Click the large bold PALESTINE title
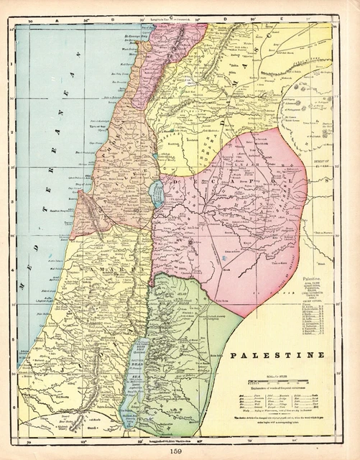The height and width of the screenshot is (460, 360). click(277, 355)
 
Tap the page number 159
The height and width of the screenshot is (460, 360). click(180, 450)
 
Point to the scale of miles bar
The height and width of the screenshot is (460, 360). click(272, 381)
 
